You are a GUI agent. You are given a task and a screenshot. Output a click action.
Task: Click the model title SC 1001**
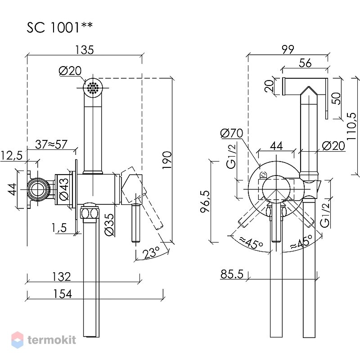[60, 27]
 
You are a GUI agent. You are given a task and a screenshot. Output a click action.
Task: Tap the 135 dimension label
[85, 50]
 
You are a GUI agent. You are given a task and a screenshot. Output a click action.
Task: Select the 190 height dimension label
[167, 160]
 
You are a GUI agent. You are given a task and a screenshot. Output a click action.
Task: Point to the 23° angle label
[151, 252]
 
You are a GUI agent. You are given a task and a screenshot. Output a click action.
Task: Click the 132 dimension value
[62, 277]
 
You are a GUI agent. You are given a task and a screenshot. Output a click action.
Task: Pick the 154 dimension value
[63, 294]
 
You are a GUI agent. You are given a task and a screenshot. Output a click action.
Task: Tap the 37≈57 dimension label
[51, 144]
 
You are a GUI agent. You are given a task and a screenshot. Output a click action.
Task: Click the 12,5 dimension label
[12, 156]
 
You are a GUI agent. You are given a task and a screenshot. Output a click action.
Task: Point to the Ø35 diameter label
[109, 225]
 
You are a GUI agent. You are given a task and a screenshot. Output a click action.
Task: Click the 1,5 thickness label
[59, 228]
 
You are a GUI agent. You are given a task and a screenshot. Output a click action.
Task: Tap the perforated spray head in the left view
[93, 88]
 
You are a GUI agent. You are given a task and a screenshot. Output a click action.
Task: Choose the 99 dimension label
[288, 49]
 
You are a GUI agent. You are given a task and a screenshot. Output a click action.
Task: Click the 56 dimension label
[306, 63]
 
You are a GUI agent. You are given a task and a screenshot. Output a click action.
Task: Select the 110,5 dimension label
[352, 126]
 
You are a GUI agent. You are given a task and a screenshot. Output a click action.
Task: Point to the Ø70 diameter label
[232, 133]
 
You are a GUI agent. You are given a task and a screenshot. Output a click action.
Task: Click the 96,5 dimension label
[205, 201]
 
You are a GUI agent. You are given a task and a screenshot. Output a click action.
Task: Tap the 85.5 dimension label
[232, 274]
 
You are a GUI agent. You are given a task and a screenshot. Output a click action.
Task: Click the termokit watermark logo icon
[17, 340]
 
